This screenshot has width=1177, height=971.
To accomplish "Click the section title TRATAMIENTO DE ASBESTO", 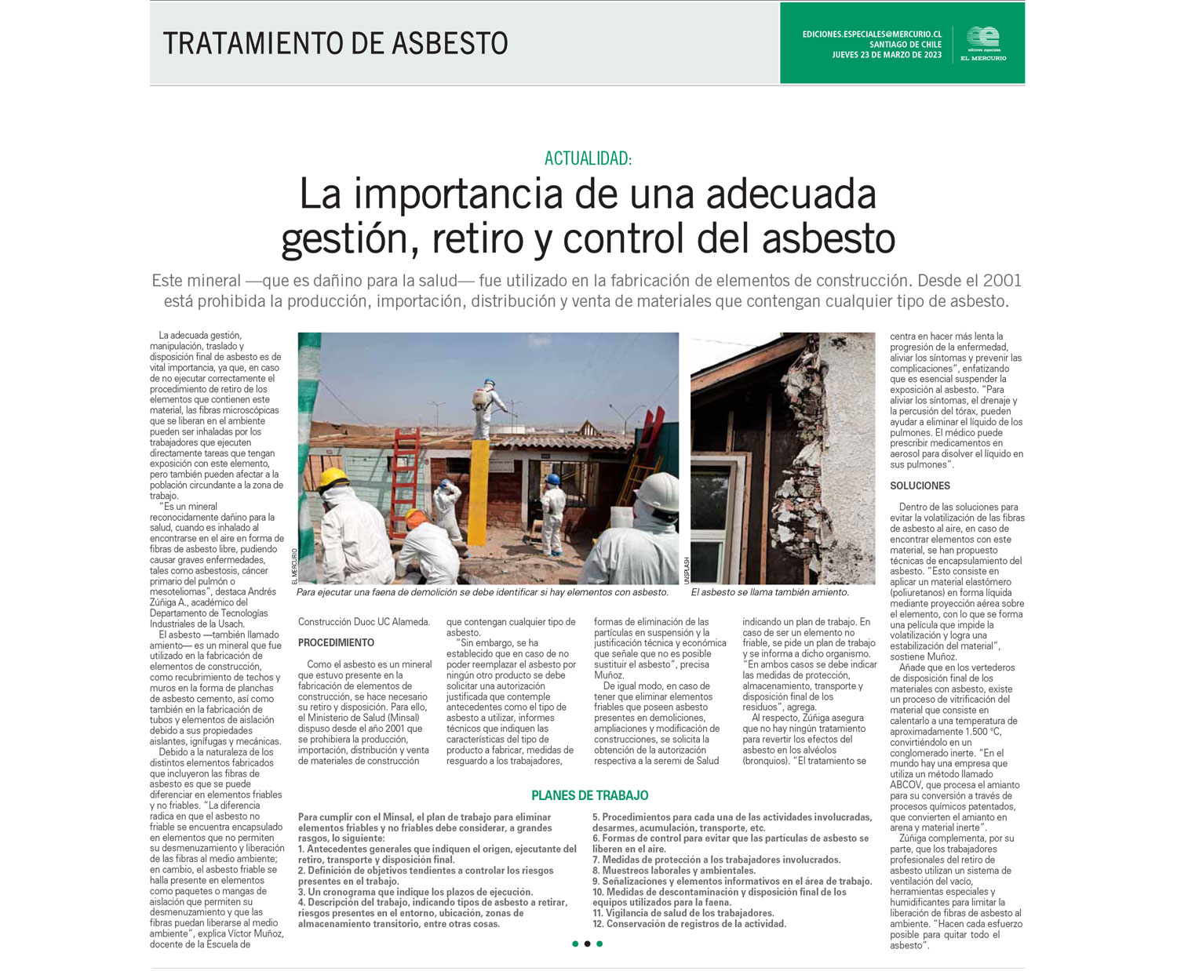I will point(335,43).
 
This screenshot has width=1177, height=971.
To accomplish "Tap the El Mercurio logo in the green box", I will point(982,43).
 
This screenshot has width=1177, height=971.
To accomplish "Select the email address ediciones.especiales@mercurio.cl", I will point(872,35).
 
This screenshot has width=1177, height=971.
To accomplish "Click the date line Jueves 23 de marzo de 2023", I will point(887,55).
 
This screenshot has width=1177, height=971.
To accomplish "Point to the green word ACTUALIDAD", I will point(588,158).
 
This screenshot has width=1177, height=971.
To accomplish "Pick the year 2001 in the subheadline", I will point(1002,281).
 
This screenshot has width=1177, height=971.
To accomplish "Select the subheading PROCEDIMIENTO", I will point(336,642).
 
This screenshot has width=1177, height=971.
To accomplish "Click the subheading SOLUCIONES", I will point(920,485).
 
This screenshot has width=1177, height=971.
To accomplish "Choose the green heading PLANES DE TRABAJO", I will point(589,795).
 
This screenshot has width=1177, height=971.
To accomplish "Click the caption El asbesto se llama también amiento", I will point(770,592).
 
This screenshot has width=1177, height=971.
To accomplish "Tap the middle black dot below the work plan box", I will point(587,944).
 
